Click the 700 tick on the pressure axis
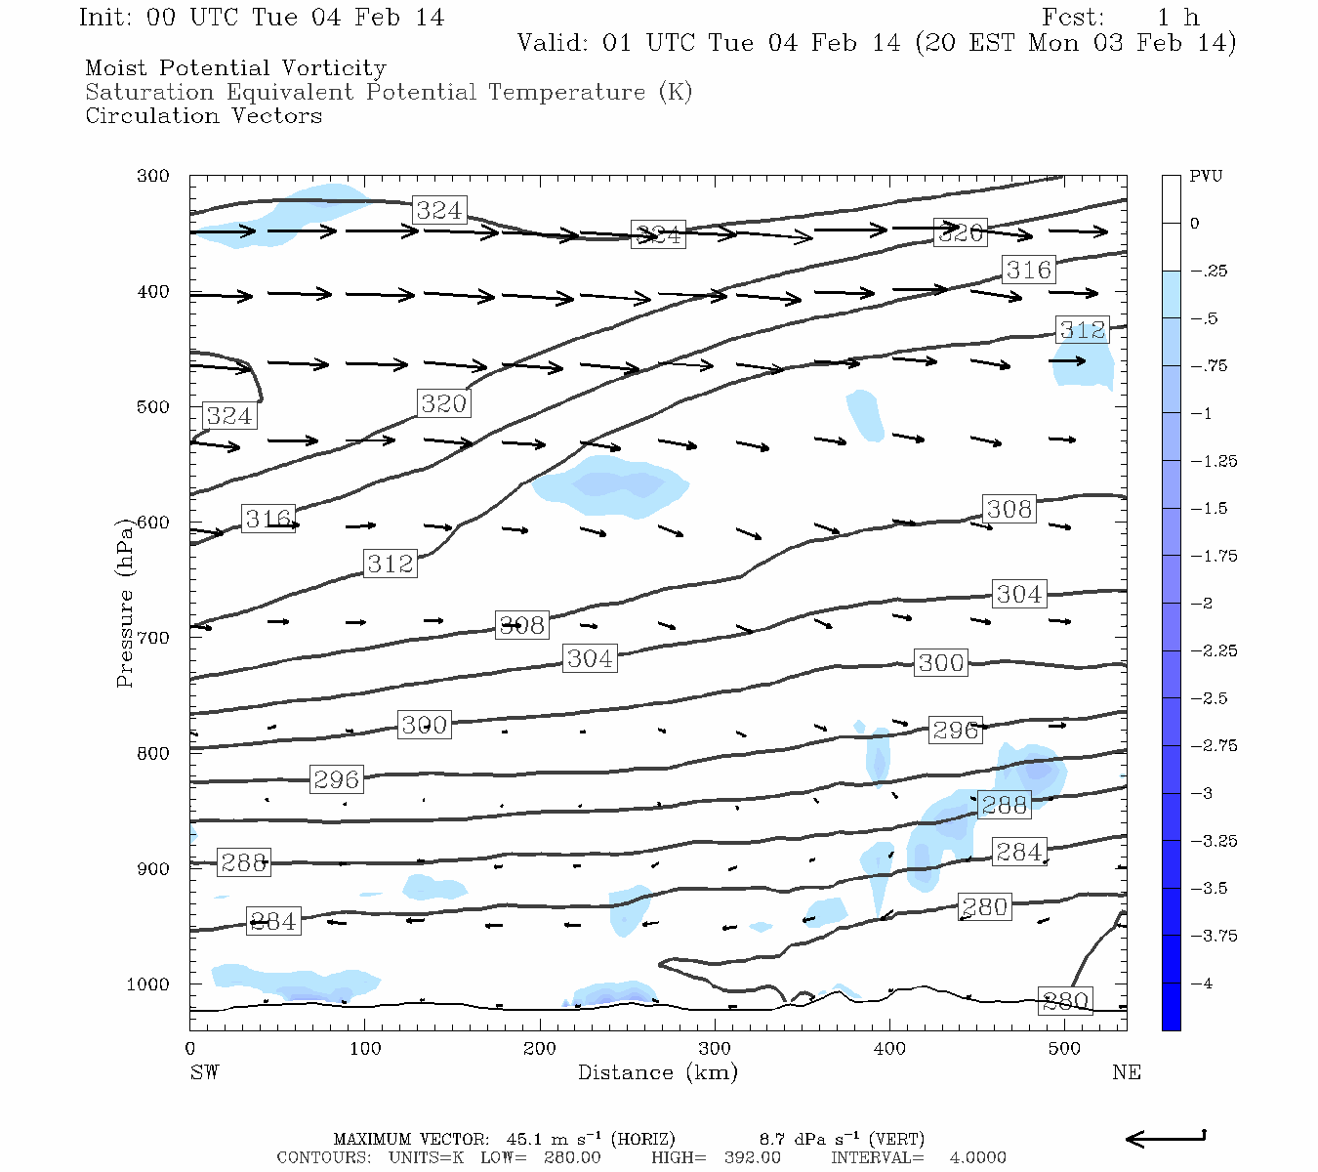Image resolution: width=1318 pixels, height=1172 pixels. (x=153, y=638)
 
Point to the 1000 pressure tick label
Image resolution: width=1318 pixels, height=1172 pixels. (x=148, y=984)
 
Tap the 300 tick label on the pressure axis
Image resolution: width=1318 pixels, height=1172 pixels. (x=153, y=177)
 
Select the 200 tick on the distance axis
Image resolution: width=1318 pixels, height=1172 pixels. (x=540, y=1049)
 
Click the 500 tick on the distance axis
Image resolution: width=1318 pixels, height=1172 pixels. (x=1064, y=1049)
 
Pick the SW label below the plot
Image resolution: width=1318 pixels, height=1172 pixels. (x=204, y=1073)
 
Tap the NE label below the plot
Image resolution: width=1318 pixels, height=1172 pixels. (x=1126, y=1073)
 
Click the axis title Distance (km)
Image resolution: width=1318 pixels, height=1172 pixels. (x=657, y=1073)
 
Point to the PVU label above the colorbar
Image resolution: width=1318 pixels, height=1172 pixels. (x=1206, y=177)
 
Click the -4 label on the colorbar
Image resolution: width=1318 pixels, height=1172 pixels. (x=1201, y=984)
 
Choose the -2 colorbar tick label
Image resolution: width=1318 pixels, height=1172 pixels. (x=1201, y=604)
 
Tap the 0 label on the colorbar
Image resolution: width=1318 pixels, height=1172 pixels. (x=1194, y=224)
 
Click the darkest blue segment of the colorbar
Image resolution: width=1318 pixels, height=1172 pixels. (x=1171, y=1007)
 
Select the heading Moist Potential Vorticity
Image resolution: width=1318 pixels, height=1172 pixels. (x=235, y=68)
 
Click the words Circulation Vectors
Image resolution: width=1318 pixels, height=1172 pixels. (x=203, y=116)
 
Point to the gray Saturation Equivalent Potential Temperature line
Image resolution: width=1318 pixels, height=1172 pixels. (x=388, y=93)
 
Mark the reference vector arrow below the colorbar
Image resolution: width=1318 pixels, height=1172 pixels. (x=1166, y=1138)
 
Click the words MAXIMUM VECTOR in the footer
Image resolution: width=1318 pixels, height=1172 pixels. (x=410, y=1140)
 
